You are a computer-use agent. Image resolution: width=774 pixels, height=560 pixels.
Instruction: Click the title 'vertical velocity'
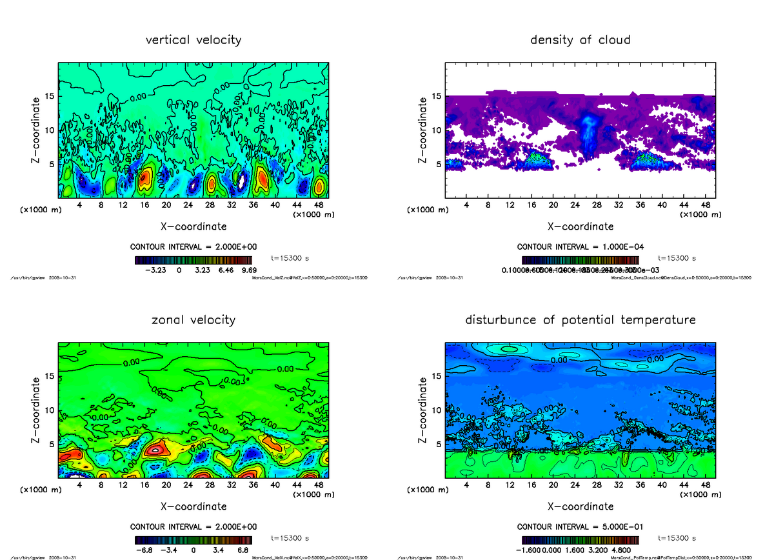(x=193, y=40)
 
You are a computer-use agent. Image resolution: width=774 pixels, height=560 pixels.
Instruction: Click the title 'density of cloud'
(x=580, y=40)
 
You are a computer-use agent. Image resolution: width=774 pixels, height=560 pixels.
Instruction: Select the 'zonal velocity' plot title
(x=193, y=319)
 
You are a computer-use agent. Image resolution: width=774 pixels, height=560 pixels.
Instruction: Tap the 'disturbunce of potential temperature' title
(x=580, y=319)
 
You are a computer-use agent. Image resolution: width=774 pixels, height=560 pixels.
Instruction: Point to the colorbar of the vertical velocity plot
(x=193, y=261)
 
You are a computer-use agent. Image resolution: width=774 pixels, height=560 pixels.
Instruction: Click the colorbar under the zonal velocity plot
(x=193, y=540)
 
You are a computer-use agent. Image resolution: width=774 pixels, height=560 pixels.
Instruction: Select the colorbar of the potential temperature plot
(x=580, y=540)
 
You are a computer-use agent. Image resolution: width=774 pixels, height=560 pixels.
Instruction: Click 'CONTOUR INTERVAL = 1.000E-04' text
(x=580, y=247)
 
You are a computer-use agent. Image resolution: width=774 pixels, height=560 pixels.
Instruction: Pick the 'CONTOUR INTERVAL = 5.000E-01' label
(x=580, y=526)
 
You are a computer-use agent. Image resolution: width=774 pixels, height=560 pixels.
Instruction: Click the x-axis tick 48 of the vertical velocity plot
(x=319, y=205)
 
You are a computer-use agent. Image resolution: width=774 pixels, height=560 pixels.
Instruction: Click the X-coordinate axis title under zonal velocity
(x=193, y=506)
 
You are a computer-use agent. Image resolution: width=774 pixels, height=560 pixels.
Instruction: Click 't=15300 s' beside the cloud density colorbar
(x=677, y=258)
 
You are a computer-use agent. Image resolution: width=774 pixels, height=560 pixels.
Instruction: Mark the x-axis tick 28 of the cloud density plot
(x=597, y=205)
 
